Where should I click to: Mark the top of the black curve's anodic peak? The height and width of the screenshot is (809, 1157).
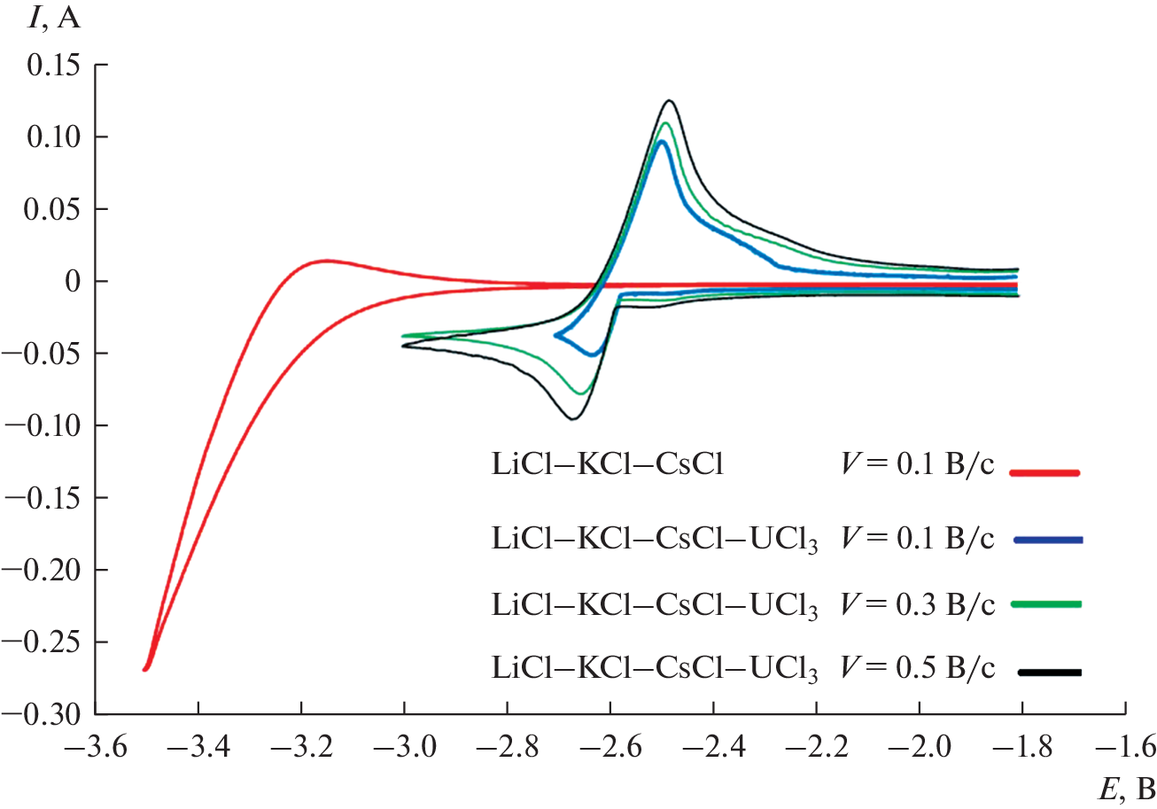point(670,101)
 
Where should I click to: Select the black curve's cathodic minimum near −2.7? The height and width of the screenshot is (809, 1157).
point(573,418)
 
